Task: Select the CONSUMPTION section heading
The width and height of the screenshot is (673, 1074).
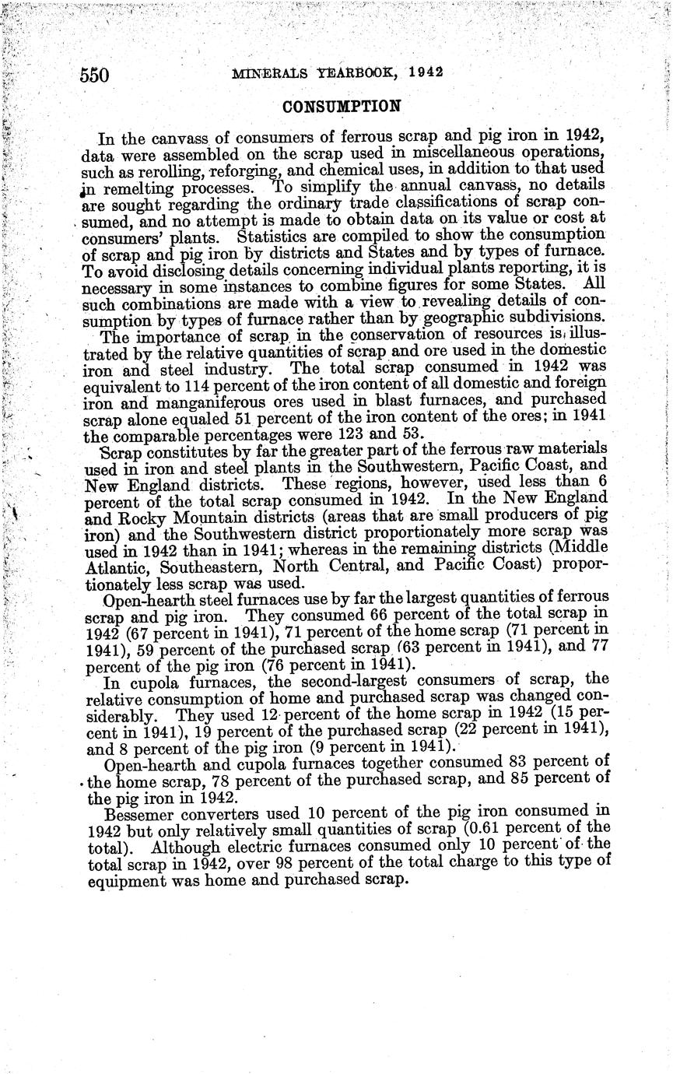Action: [x=342, y=107]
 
